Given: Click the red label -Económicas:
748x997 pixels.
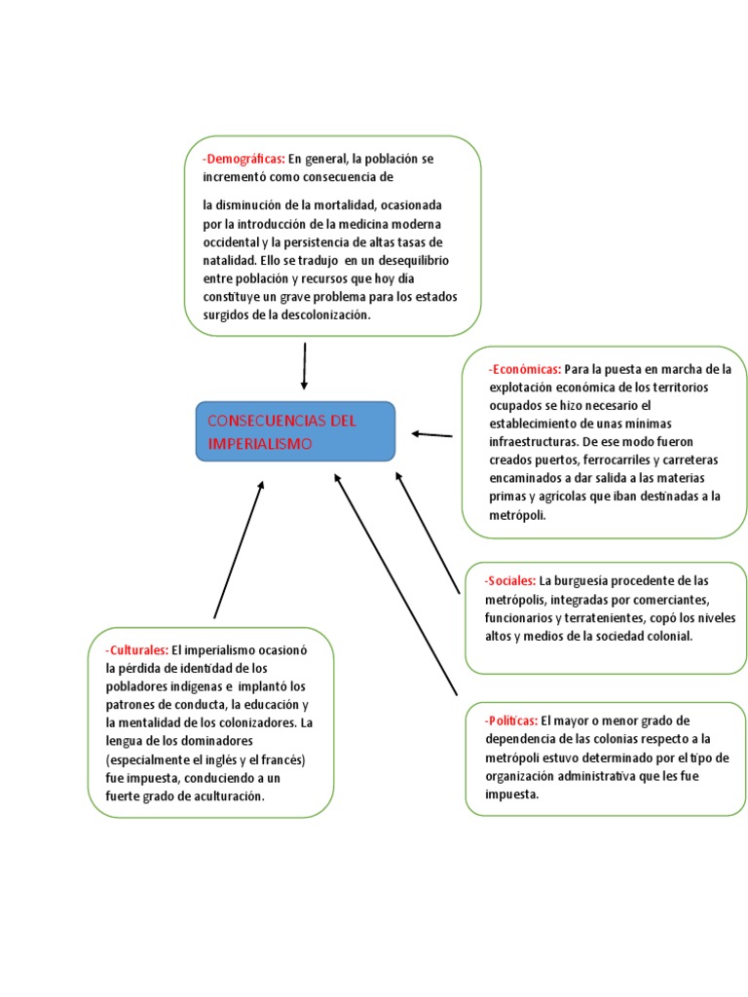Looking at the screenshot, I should point(524,370).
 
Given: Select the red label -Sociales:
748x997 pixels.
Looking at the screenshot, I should point(509,581).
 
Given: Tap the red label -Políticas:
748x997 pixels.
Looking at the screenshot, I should point(511,721).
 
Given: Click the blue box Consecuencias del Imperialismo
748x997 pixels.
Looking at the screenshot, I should point(295,431).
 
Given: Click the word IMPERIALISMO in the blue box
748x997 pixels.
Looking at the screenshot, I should point(260,444).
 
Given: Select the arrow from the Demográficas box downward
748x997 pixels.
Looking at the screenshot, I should point(305,366).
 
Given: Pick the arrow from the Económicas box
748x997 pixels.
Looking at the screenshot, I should point(431,434).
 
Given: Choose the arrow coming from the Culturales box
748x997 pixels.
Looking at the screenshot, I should point(239,549).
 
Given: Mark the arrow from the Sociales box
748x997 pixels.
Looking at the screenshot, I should point(428,533).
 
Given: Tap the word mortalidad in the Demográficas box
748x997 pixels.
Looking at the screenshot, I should point(348,205).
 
